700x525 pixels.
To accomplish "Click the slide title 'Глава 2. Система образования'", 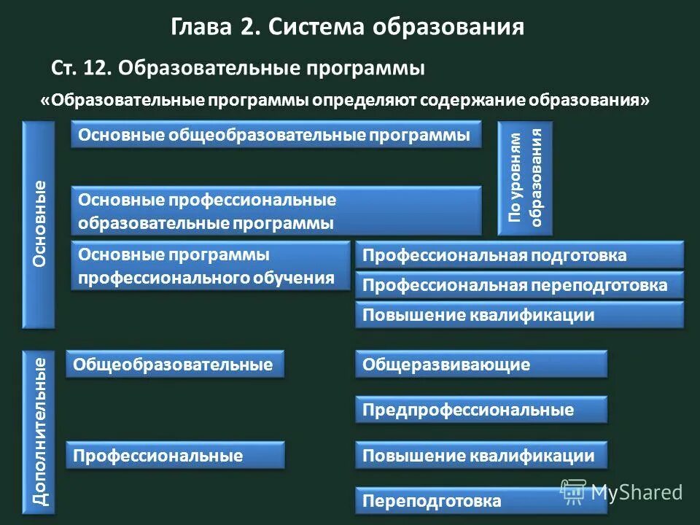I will click(x=348, y=28).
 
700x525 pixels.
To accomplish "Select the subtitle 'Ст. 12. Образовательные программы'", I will click(x=238, y=69).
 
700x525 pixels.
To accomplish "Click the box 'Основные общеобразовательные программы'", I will click(x=276, y=135).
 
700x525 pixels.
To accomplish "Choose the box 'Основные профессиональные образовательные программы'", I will click(x=276, y=211).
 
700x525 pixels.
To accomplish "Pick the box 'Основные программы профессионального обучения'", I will click(x=210, y=266).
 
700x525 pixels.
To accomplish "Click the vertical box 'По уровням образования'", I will click(x=525, y=178).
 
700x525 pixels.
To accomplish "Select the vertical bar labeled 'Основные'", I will click(x=39, y=224).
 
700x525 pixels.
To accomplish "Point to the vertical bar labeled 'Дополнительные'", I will click(x=39, y=432).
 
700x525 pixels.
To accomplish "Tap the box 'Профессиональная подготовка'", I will click(x=519, y=255).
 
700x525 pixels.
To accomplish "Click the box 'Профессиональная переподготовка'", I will click(x=519, y=285).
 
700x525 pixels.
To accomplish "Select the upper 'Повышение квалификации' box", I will click(x=519, y=315).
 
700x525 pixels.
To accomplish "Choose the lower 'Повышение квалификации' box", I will click(x=481, y=456).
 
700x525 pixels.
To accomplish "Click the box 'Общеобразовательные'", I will click(x=175, y=364).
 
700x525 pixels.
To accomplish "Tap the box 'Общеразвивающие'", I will click(x=481, y=364).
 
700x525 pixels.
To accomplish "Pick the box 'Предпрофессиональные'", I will click(x=481, y=410).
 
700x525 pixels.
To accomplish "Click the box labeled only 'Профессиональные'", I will click(x=175, y=456).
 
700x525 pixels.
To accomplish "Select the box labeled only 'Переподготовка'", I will click(x=481, y=501).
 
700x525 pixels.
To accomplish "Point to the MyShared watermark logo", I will click(x=622, y=491).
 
